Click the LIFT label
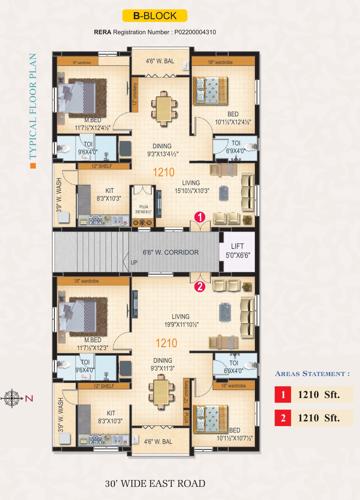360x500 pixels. point(236,246)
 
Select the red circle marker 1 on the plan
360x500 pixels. point(200,216)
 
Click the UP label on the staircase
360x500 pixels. point(135,262)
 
